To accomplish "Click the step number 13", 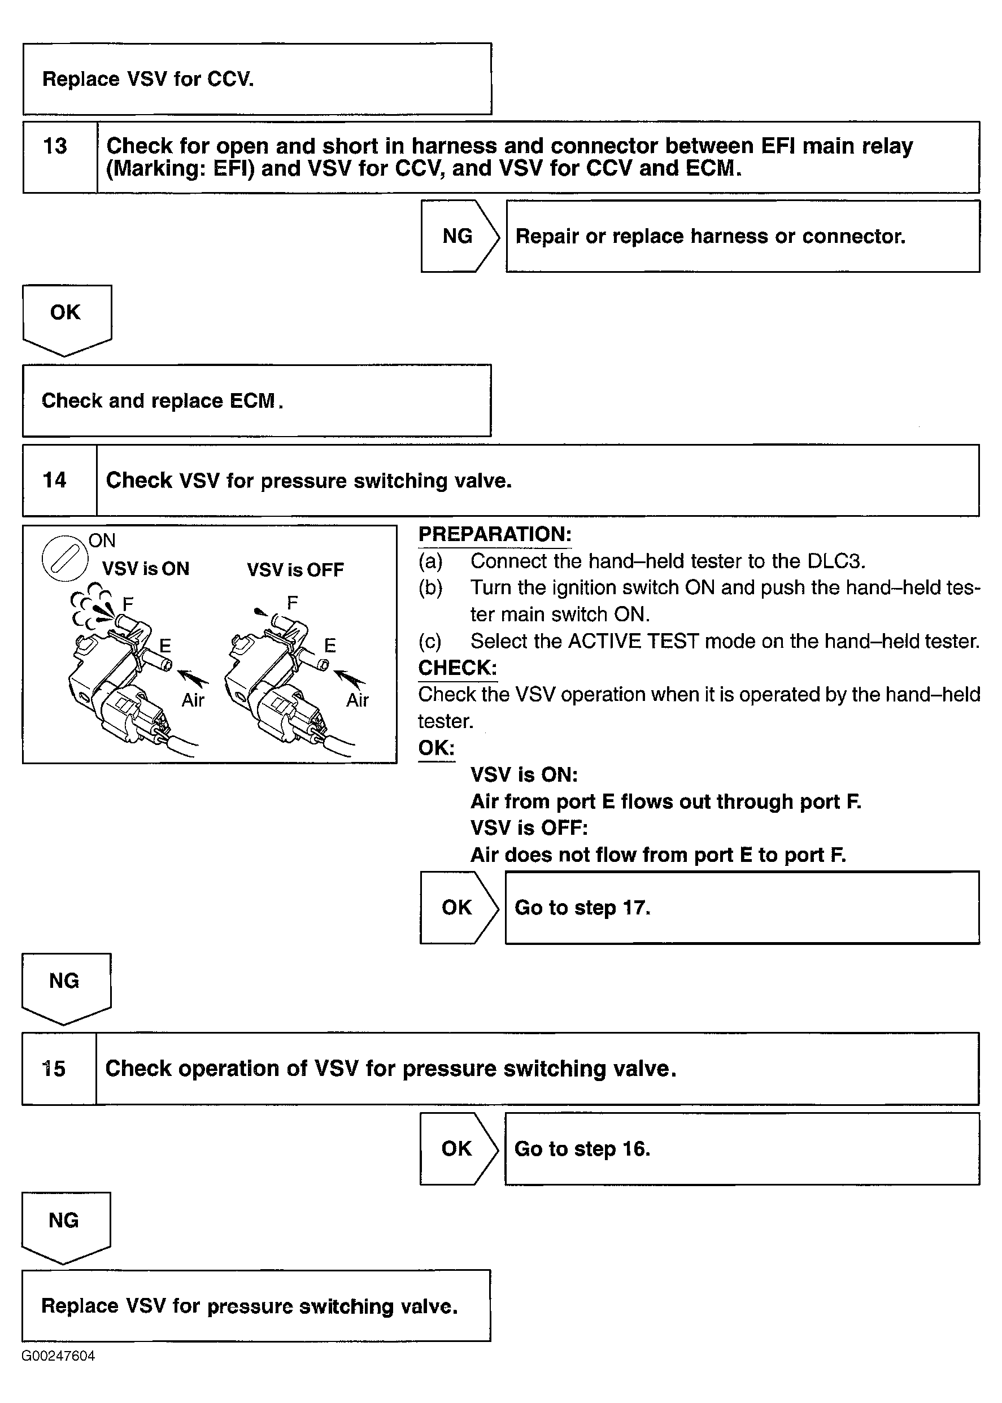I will click(x=55, y=146).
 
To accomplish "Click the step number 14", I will click(x=54, y=480).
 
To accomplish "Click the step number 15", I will click(x=54, y=1069).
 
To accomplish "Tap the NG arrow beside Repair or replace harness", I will click(x=458, y=236).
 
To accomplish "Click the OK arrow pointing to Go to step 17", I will click(x=456, y=908).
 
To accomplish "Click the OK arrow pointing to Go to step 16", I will click(x=456, y=1149).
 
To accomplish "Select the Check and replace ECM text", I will click(x=162, y=401).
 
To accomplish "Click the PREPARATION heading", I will click(x=495, y=534).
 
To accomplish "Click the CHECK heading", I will click(x=457, y=668).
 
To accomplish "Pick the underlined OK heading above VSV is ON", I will click(x=436, y=748).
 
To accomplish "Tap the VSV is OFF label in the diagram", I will click(x=295, y=569).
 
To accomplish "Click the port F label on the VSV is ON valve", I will click(x=128, y=603).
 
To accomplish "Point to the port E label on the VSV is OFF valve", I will click(x=330, y=646).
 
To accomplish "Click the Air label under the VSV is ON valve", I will click(x=193, y=700).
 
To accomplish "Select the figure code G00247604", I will click(x=59, y=1356).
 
